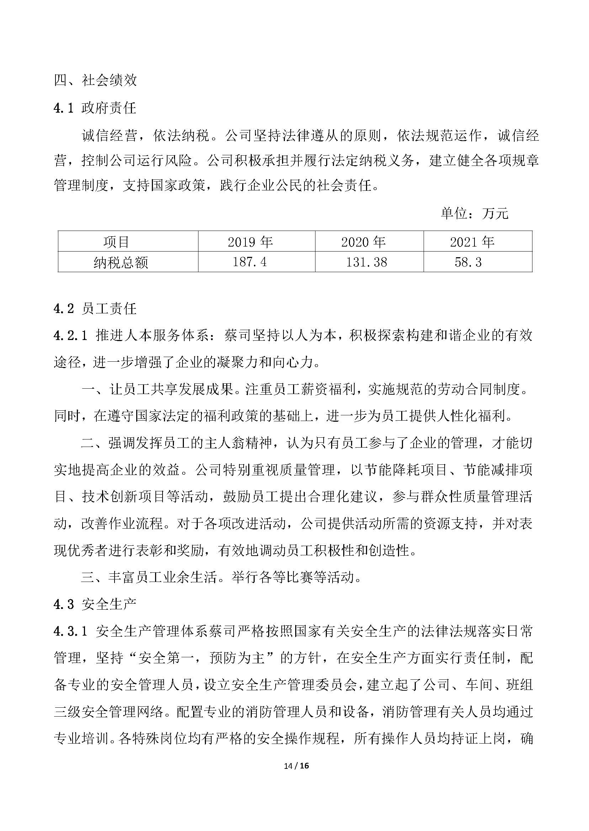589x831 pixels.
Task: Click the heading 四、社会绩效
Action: pyautogui.click(x=95, y=80)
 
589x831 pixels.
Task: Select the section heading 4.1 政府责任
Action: pyautogui.click(x=95, y=108)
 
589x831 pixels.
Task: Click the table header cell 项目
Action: pyautogui.click(x=116, y=242)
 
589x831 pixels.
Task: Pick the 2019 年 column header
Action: pyautogui.click(x=250, y=242)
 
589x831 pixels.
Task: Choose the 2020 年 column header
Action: pyautogui.click(x=363, y=242)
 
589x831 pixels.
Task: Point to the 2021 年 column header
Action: pyautogui.click(x=472, y=242)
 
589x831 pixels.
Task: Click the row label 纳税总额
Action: pyautogui.click(x=121, y=262)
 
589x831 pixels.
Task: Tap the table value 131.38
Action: pyautogui.click(x=366, y=262)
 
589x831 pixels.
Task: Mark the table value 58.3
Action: pyautogui.click(x=468, y=262)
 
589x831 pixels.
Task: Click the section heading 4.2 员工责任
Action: pyautogui.click(x=95, y=309)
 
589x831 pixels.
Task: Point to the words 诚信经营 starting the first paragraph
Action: pyautogui.click(x=109, y=136)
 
